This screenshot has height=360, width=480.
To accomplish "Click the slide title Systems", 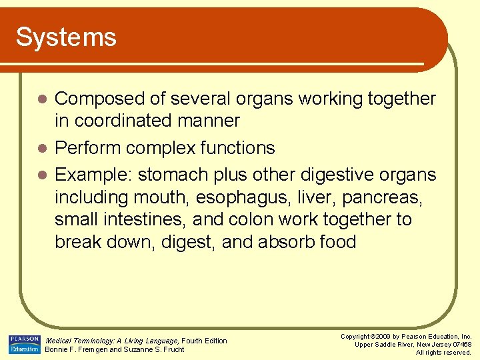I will tap(66, 37).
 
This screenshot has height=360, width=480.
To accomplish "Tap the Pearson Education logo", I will tap(25, 344).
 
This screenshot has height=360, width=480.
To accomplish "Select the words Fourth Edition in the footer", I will tap(205, 341).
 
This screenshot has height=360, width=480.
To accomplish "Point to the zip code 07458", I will tap(459, 345).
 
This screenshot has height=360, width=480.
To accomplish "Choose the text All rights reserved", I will tap(443, 353).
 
